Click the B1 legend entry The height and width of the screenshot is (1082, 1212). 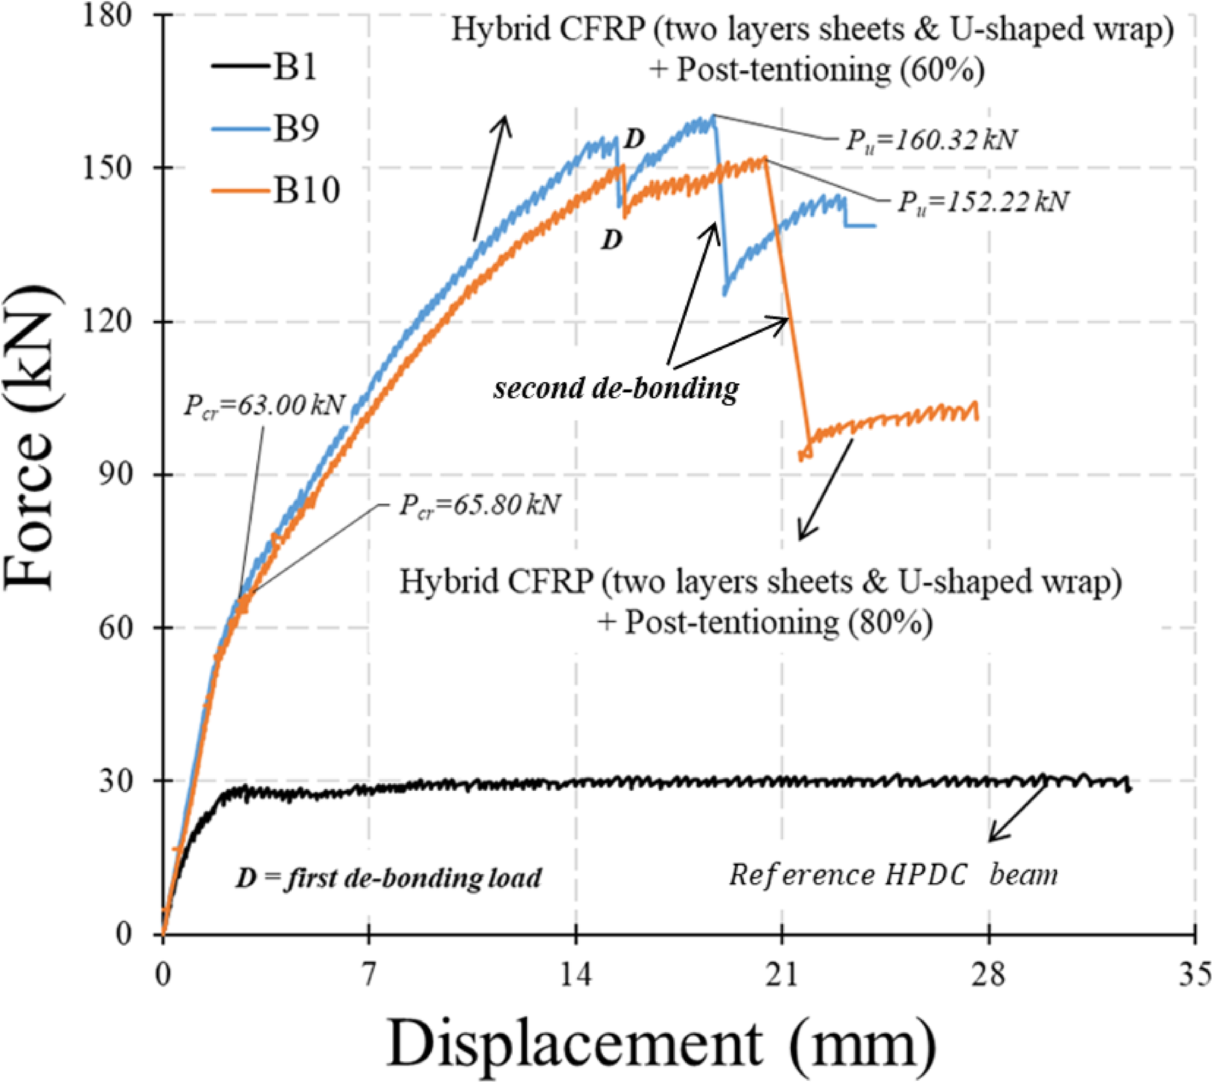pos(265,67)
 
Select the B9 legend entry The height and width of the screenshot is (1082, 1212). pos(265,129)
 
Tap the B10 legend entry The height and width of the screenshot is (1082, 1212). pos(275,189)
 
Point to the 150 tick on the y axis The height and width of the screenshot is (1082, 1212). pos(114,167)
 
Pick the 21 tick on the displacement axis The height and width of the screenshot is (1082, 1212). pos(782,975)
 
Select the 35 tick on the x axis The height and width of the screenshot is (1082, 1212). pos(1194,975)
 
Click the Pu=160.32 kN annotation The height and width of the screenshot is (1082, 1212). pos(931,140)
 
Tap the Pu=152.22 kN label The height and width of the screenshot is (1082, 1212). pos(982,202)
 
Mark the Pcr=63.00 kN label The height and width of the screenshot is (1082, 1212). pos(264,405)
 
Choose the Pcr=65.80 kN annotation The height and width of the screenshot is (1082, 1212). pos(480,505)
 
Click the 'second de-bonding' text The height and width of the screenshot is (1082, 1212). pos(616,388)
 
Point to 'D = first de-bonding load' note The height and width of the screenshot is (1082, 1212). pos(388,878)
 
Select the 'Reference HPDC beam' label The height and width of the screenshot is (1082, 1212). pos(893,875)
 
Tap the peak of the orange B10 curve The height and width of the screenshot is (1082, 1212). pos(764,159)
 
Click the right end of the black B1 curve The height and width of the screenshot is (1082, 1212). pos(1129,789)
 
